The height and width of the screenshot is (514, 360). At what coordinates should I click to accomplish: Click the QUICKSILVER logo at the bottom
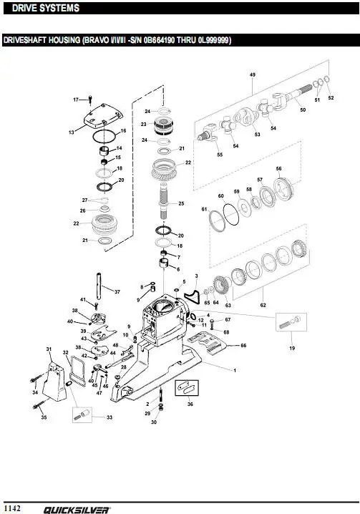(x=77, y=510)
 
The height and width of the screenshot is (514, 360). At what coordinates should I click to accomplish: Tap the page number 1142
(x=13, y=508)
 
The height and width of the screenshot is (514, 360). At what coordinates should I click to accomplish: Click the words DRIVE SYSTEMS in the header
(x=46, y=8)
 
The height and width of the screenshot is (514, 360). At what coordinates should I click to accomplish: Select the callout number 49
(x=253, y=74)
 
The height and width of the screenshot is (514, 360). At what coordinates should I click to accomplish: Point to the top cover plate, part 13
(x=103, y=117)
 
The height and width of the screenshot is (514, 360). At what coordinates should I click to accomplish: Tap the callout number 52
(x=331, y=97)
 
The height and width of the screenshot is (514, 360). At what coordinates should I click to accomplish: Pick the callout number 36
(x=190, y=404)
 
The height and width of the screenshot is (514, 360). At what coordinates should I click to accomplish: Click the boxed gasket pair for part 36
(x=187, y=388)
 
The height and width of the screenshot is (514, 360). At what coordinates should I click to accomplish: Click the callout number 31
(x=49, y=349)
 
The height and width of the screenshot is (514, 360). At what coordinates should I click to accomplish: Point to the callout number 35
(x=44, y=417)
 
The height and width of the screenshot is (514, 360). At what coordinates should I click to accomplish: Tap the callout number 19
(x=292, y=348)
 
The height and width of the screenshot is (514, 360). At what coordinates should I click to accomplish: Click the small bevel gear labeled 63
(x=222, y=287)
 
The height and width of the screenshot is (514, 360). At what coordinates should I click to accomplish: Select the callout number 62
(x=263, y=305)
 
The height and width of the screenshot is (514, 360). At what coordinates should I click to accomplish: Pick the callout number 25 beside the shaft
(x=181, y=203)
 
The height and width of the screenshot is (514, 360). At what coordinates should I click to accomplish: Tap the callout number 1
(x=235, y=370)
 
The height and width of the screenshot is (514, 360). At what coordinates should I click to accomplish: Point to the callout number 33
(x=110, y=417)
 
